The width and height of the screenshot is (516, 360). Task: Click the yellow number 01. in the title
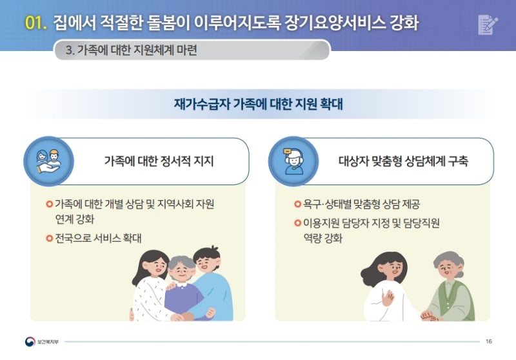pyautogui.click(x=35, y=23)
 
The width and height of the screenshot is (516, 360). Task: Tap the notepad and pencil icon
pyautogui.click(x=488, y=25)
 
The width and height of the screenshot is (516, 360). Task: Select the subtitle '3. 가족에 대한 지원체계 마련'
pyautogui.click(x=132, y=50)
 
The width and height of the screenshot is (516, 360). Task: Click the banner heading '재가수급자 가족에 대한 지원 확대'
pyautogui.click(x=259, y=104)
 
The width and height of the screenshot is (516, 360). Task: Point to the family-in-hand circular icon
pyautogui.click(x=49, y=161)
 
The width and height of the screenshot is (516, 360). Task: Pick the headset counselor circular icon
pyautogui.click(x=293, y=161)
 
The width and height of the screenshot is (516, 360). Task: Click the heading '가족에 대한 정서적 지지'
pyautogui.click(x=159, y=161)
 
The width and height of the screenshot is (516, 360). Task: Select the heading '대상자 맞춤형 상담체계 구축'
pyautogui.click(x=404, y=161)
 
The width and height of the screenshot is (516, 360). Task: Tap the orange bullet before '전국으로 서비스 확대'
pyautogui.click(x=50, y=238)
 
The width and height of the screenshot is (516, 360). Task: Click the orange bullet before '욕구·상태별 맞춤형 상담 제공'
pyautogui.click(x=298, y=204)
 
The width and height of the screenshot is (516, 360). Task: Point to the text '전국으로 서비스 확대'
pyautogui.click(x=98, y=238)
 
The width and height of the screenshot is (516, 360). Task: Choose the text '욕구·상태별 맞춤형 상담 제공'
pyautogui.click(x=361, y=204)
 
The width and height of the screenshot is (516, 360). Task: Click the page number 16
pyautogui.click(x=489, y=341)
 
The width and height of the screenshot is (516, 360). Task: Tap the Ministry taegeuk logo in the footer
pyautogui.click(x=30, y=341)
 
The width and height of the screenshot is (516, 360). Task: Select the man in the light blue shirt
pyautogui.click(x=211, y=283)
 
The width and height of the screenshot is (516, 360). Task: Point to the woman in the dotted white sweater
pyautogui.click(x=150, y=286)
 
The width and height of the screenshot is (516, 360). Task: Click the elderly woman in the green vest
pyautogui.click(x=451, y=286)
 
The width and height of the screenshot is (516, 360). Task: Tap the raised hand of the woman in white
pyautogui.click(x=388, y=299)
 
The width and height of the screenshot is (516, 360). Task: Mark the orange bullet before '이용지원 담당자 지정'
pyautogui.click(x=298, y=223)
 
